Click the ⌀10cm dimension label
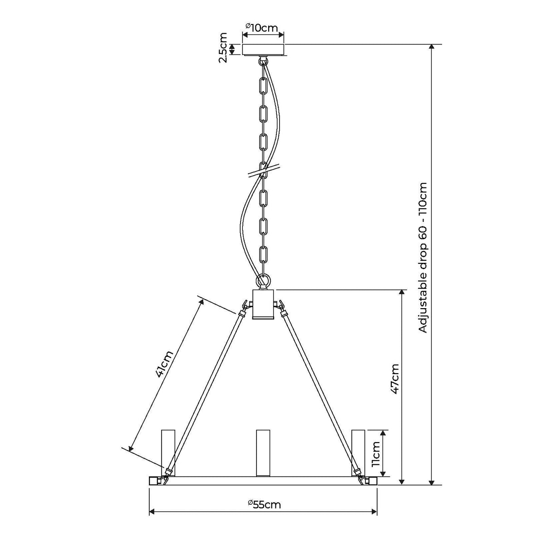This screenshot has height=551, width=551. [x=261, y=28]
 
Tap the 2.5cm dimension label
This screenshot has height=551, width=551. [x=222, y=48]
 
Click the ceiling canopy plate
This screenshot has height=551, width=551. [x=263, y=49]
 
